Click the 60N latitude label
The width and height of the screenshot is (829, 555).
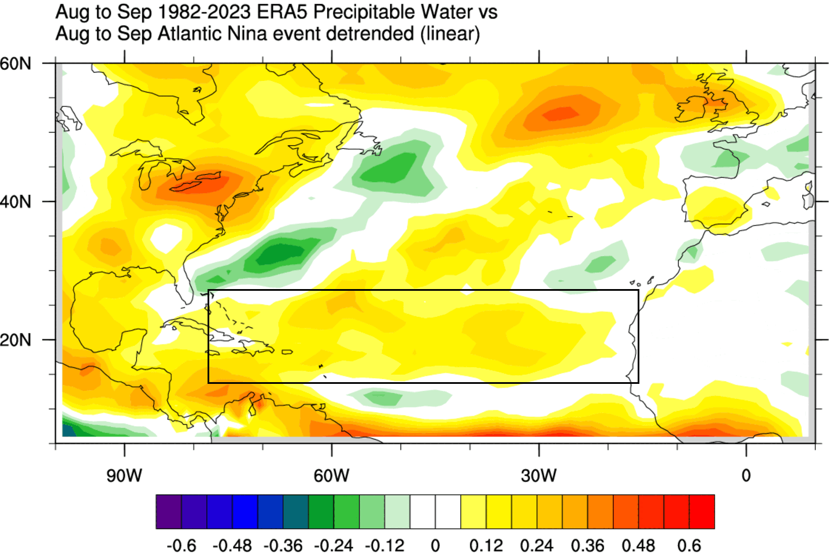(x=16, y=63)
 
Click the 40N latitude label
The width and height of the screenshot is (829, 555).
(x=16, y=202)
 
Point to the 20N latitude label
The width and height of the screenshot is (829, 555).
(x=16, y=340)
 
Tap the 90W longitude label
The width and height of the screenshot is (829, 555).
(x=124, y=475)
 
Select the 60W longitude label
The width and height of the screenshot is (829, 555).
(x=331, y=475)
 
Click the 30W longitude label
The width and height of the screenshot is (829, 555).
(x=538, y=475)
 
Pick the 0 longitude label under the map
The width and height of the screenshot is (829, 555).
(x=746, y=475)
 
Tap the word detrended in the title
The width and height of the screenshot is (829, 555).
(x=370, y=34)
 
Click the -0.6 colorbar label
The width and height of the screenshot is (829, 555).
(x=181, y=545)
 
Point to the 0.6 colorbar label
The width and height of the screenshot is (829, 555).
(x=689, y=545)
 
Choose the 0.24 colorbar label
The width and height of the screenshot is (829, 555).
(x=536, y=545)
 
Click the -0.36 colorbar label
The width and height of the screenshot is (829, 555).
(x=283, y=545)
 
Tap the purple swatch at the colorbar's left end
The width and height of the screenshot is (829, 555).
(x=168, y=512)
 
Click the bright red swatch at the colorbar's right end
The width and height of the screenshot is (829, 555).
(x=702, y=512)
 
